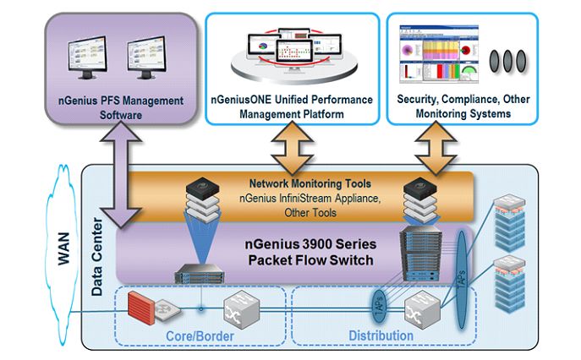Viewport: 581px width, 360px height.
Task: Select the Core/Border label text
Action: [x=197, y=336]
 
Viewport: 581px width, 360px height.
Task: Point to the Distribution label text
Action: [x=381, y=336]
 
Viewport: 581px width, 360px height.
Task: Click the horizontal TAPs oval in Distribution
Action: [x=377, y=306]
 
